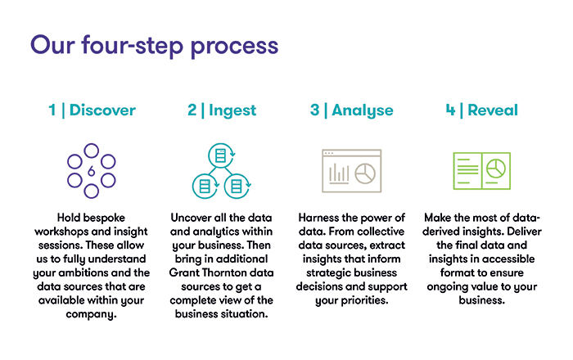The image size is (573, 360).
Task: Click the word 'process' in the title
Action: point(234,47)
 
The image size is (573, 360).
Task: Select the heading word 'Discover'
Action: point(102,110)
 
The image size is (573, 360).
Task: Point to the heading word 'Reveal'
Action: point(493,110)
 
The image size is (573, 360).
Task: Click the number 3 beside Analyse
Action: point(314,110)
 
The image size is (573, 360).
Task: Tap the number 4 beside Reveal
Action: point(450,110)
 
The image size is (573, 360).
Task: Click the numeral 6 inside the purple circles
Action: point(92,171)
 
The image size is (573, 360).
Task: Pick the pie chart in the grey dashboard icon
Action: point(365,173)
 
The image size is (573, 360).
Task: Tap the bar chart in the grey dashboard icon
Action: point(339,173)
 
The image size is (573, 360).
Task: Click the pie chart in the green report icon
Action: point(496,169)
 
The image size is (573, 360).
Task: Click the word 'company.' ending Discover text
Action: point(92,315)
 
